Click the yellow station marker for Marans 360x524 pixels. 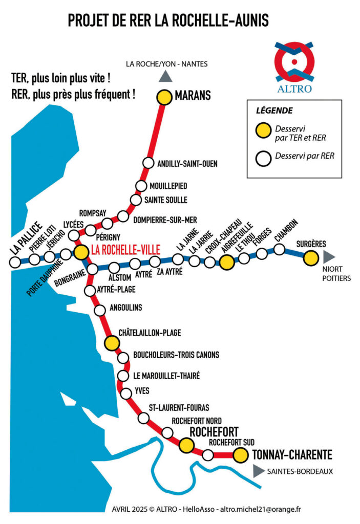click(164, 97)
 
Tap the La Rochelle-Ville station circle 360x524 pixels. click(81, 252)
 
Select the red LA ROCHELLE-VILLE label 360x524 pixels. click(125, 250)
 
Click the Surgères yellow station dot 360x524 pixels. click(310, 259)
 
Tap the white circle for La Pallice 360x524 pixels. click(15, 262)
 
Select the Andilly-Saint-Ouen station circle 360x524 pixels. click(148, 163)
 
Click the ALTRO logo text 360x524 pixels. click(294, 89)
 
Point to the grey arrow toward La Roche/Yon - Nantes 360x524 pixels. click(165, 77)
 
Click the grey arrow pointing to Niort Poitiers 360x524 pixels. click(329, 255)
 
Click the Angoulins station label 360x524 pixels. click(125, 308)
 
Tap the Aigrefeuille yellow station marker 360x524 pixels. click(227, 263)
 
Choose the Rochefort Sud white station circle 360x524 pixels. click(208, 454)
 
